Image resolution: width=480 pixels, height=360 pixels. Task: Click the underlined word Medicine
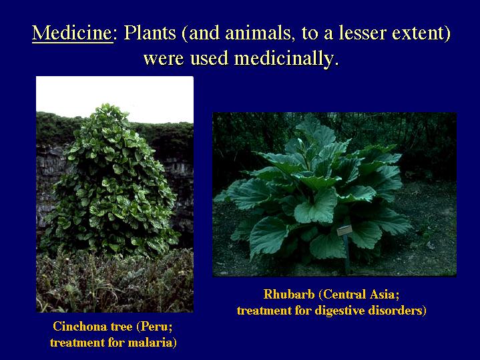pyautogui.click(x=73, y=33)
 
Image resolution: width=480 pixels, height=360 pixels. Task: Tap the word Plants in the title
pyautogui.click(x=150, y=33)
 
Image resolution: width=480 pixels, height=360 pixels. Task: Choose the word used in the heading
pyautogui.click(x=209, y=59)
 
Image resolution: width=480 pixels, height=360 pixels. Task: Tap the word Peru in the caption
pyautogui.click(x=154, y=327)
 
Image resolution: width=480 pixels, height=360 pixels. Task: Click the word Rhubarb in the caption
pyautogui.click(x=289, y=294)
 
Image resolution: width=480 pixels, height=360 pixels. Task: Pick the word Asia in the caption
pyautogui.click(x=383, y=295)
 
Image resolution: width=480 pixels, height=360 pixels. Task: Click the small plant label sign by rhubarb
pyautogui.click(x=344, y=230)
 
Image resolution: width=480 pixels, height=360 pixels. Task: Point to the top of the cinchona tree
pyautogui.click(x=107, y=105)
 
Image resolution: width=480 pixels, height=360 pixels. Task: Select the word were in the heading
pyautogui.click(x=164, y=59)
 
